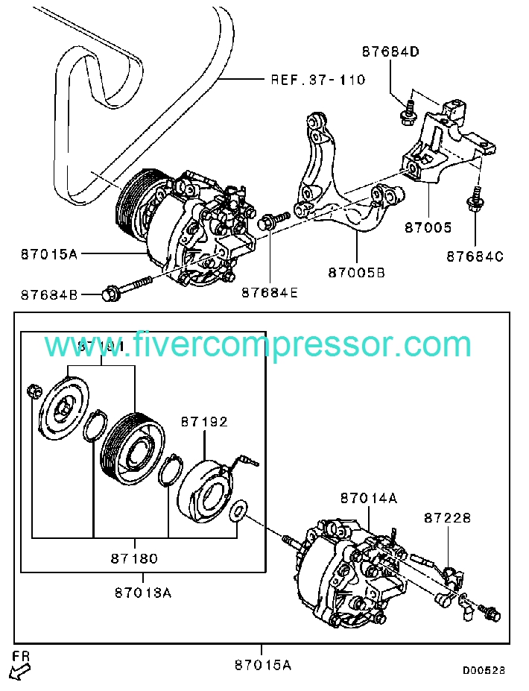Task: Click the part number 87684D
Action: (391, 52)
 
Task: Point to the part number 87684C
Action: (475, 256)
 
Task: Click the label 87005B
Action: (356, 273)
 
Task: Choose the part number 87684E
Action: (269, 293)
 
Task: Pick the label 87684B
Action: (49, 294)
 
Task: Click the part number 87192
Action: (204, 421)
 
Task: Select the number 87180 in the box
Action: (134, 558)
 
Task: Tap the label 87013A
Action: (143, 593)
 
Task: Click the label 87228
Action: (448, 517)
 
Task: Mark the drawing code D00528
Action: (484, 670)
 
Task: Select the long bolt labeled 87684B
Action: (128, 287)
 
